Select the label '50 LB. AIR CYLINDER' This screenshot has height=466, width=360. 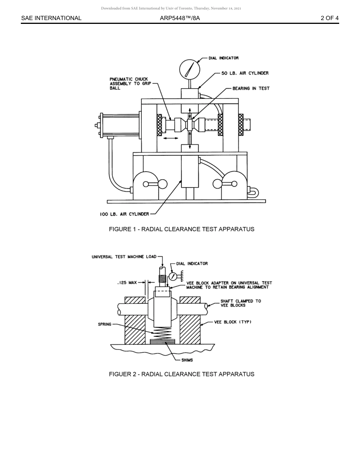tap(245, 73)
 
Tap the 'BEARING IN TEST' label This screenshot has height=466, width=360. tap(251, 88)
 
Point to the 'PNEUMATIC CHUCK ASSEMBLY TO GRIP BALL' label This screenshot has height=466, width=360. tap(129, 84)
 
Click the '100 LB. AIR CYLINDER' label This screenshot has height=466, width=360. tap(124, 214)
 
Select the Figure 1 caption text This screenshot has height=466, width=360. tap(182, 229)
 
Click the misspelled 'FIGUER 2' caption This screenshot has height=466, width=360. tap(182, 374)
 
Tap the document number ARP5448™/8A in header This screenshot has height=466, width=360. tap(180, 18)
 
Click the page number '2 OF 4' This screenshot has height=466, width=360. tap(329, 18)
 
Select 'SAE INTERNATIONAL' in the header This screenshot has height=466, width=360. tap(51, 18)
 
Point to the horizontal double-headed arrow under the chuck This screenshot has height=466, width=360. tap(171, 138)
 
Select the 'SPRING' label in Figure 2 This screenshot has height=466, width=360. tap(105, 324)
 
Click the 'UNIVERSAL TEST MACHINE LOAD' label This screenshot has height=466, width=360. tap(124, 257)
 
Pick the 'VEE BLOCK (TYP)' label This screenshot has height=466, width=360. tap(233, 322)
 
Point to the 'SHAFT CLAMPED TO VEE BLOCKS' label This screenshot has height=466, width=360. tap(241, 303)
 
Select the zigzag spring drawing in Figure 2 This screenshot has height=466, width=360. tap(163, 333)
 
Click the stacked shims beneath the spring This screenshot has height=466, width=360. tap(163, 341)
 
